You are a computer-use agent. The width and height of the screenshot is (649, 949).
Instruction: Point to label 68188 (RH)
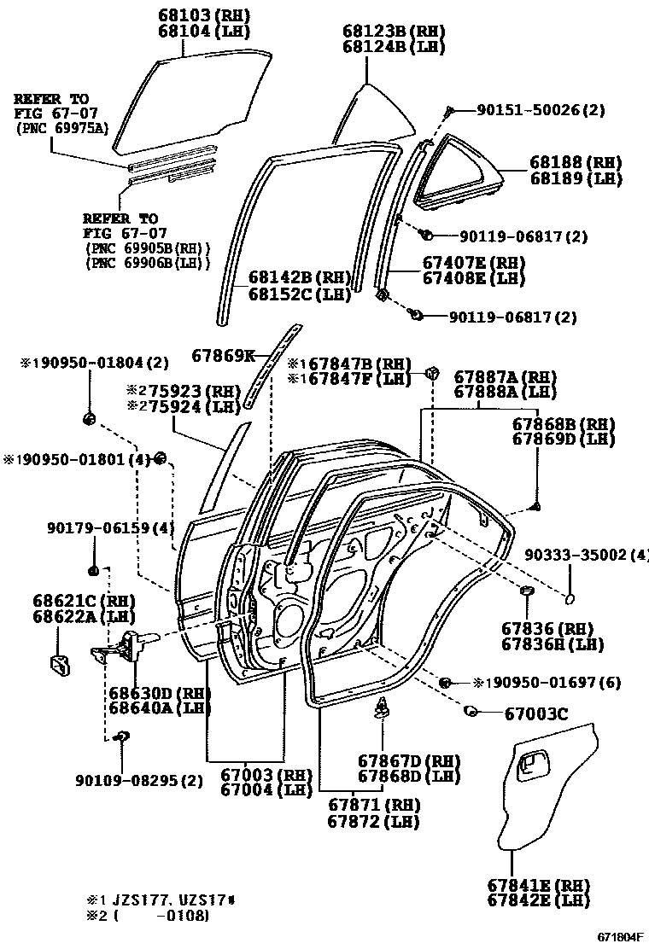(575, 162)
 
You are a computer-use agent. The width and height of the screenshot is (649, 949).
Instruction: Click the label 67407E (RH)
(474, 262)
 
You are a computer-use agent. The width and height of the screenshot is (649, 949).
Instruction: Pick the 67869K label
(223, 356)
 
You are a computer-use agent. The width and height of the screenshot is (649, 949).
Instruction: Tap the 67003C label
(536, 713)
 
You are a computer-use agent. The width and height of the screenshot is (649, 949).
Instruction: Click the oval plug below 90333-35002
(570, 595)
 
